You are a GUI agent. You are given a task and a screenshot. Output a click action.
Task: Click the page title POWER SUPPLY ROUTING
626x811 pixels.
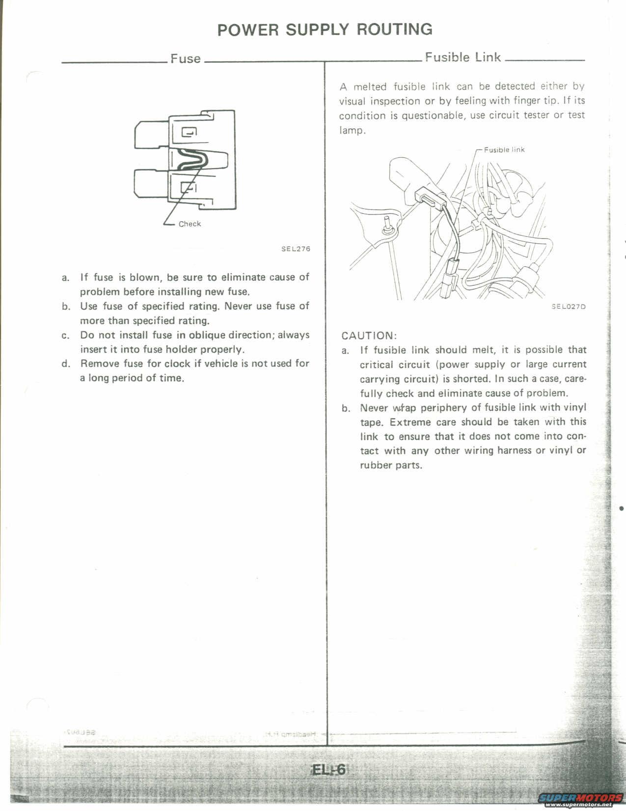(325, 29)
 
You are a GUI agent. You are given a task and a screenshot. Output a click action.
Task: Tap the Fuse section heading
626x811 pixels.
(186, 58)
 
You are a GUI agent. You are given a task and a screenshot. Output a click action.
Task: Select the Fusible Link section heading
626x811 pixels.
(463, 57)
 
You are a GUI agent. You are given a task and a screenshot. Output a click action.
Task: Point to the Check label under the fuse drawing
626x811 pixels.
(190, 224)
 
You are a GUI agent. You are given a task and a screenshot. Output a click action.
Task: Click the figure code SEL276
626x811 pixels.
(296, 249)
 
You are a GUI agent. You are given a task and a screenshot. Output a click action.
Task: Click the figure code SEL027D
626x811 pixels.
(569, 306)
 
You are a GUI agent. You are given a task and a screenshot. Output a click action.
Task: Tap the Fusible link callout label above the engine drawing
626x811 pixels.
(504, 149)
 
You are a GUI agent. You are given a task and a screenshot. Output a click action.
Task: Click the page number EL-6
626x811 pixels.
(329, 770)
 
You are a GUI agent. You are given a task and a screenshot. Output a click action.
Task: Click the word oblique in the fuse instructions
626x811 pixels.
(207, 335)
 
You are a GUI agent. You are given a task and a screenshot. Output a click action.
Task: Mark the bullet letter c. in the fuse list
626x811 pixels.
(66, 336)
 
